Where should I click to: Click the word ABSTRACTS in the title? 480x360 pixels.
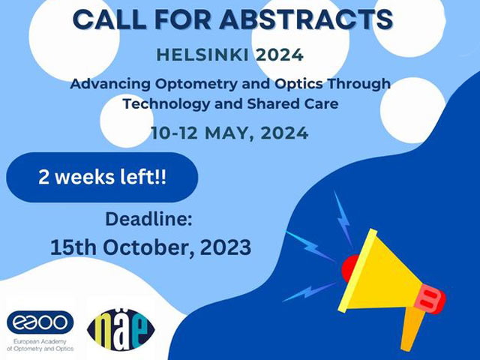307,19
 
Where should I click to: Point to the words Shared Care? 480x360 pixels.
292,104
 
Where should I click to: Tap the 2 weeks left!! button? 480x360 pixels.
102,177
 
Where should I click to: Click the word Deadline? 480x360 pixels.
148,219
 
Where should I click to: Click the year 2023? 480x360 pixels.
226,247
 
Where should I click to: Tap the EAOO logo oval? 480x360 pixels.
40,322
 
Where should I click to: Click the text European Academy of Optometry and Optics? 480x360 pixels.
40,345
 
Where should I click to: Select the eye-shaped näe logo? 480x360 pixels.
121,330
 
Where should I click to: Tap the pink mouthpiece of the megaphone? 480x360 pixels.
432,298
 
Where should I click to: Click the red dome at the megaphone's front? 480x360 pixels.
349,268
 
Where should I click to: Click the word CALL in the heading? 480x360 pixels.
109,19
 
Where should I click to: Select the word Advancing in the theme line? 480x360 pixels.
110,84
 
